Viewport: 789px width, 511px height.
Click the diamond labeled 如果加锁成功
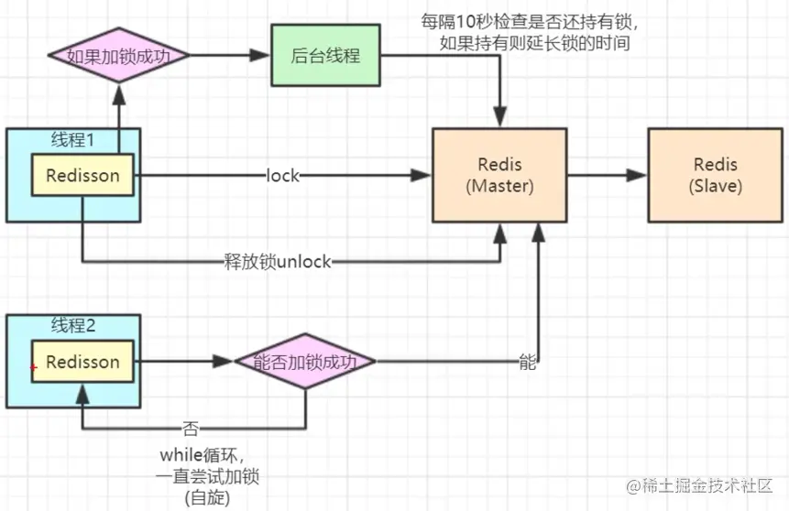118,55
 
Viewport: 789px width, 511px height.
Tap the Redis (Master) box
500,175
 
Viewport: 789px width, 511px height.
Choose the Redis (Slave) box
716,175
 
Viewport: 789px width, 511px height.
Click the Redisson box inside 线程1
82,175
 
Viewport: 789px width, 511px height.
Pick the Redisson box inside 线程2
82,362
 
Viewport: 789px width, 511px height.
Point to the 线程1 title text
74,140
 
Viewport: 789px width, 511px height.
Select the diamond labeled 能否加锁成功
305,362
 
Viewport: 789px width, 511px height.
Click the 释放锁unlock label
277,262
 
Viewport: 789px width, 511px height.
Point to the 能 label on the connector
527,362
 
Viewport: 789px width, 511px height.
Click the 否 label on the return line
190,428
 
